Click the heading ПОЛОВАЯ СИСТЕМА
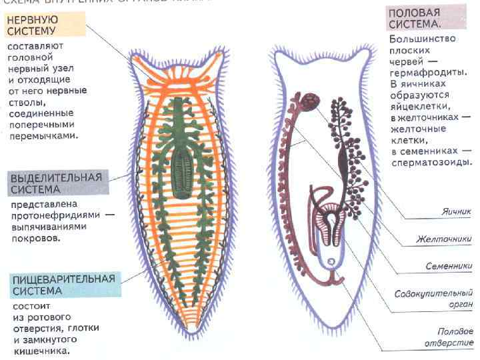point(414,18)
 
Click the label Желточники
point(444,239)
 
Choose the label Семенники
point(449,266)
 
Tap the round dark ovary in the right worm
point(309,102)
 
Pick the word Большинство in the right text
point(423,39)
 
